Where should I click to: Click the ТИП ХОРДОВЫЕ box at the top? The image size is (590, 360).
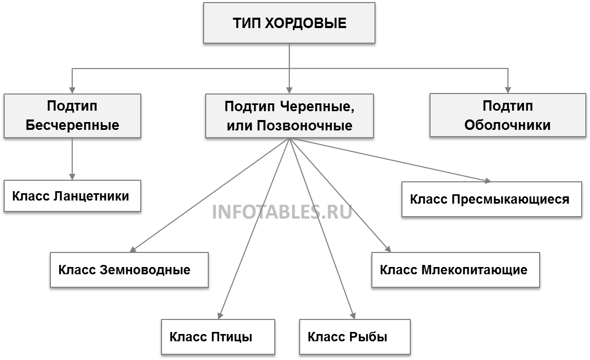coord(289,24)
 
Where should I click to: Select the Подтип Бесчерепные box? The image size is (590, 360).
coord(72,116)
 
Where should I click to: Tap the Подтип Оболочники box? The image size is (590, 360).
coord(507,116)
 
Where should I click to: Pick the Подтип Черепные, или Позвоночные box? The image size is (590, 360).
coord(289,116)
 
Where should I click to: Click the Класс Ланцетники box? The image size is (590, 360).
coord(72,197)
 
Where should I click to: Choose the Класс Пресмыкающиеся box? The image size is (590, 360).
coord(491,199)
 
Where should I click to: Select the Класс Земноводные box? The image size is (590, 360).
coord(129,270)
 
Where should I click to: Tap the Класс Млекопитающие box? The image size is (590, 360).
coord(455,270)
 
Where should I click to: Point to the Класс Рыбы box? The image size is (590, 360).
coord(355,337)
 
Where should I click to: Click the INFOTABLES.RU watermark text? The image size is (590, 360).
coord(282,212)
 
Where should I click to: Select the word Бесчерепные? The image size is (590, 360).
coord(72,126)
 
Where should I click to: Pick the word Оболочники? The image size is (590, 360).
coord(507,126)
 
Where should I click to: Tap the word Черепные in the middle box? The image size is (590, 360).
coord(320,106)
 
